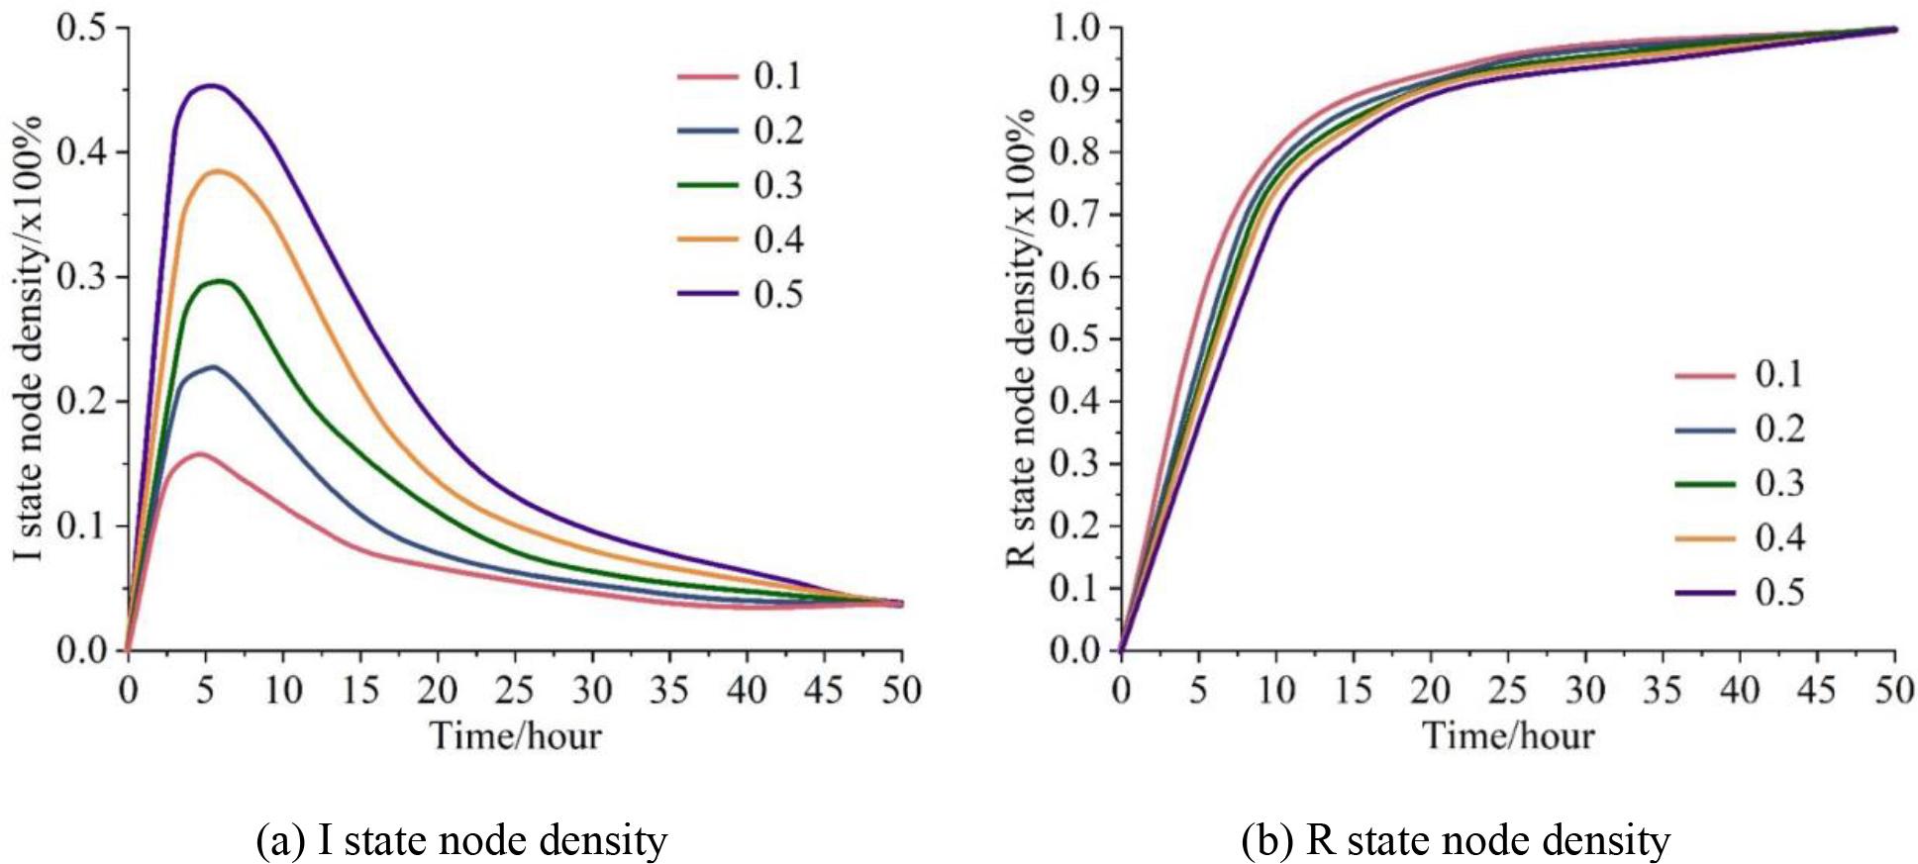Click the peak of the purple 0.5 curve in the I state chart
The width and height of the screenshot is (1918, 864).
click(210, 86)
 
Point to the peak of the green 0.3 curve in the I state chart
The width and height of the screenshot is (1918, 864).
click(221, 281)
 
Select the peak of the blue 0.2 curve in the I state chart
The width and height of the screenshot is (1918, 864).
click(212, 367)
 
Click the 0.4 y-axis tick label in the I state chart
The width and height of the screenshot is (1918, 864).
click(82, 152)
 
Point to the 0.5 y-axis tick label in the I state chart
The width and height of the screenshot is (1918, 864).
click(82, 28)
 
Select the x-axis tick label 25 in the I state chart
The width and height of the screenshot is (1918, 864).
click(515, 690)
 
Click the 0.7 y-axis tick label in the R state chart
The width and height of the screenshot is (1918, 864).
click(1075, 215)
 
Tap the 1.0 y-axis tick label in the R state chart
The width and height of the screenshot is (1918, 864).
click(1075, 28)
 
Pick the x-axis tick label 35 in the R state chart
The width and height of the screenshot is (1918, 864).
click(1663, 690)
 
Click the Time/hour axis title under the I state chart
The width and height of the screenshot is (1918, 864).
click(515, 736)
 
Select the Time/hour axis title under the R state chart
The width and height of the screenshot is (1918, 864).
click(1508, 736)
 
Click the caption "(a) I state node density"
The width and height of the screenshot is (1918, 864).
click(461, 840)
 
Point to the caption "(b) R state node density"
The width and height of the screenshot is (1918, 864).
click(1456, 840)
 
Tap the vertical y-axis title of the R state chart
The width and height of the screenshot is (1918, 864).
click(1021, 336)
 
